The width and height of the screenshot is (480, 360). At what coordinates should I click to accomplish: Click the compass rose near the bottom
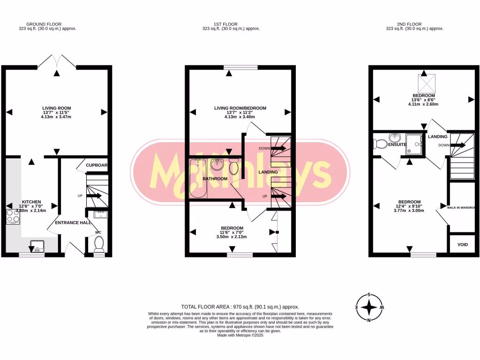[370, 307]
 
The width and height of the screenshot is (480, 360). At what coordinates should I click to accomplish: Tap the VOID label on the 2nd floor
[463, 244]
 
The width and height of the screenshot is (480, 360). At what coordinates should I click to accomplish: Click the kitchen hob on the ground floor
[13, 217]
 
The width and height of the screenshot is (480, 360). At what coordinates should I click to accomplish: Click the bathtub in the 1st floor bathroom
[196, 178]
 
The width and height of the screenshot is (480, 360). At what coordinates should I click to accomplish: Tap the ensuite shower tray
[414, 144]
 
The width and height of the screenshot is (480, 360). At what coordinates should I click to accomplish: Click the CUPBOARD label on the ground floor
[97, 165]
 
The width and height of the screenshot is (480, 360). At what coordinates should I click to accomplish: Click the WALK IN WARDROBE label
[461, 207]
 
